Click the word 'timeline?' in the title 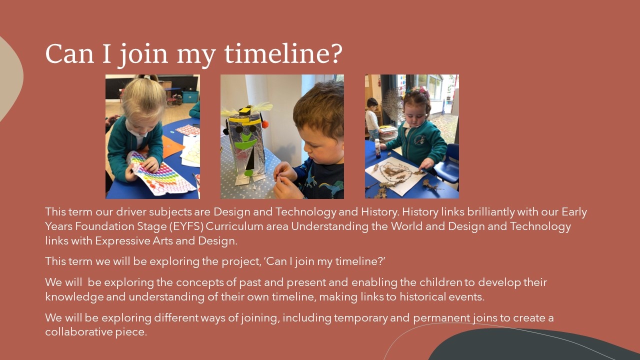pos(283,53)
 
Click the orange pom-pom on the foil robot pos(265,124)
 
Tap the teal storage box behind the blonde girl pos(190,97)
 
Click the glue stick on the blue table pos(377,148)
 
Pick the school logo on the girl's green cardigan pos(419,139)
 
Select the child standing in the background pos(372,118)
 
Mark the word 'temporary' pos(360,318)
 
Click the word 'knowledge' pos(74,297)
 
